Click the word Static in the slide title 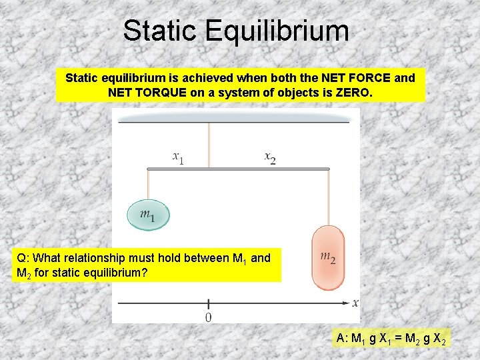pos(159,31)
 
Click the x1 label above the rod pos(178,158)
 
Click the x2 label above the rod pos(270,158)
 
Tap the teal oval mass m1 pos(149,215)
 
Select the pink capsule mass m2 pos(328,257)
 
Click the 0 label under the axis pos(209,318)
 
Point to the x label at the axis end pos(355,303)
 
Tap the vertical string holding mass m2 pos(328,198)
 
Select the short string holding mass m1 pos(148,185)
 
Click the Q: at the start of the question pos(22,258)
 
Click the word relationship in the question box pos(103,258)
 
